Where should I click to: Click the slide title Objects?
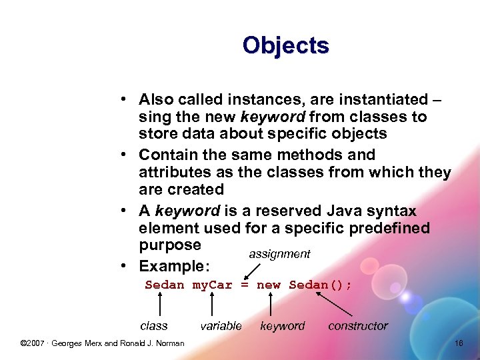point(285,45)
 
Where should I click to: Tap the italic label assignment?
point(279,254)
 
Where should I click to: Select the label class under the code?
point(154,326)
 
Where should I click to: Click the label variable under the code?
point(221,326)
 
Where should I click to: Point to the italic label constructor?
point(357,326)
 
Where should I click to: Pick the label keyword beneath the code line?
point(282,326)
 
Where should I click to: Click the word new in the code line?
point(269,285)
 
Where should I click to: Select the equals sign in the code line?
point(244,285)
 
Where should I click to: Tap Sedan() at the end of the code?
point(320,285)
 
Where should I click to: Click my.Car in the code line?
point(212,285)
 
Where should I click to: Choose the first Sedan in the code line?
point(165,285)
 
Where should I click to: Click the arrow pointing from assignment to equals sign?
point(252,271)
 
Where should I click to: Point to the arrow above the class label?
point(160,304)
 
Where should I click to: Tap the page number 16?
point(459,343)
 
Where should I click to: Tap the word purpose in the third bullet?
point(169,245)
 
